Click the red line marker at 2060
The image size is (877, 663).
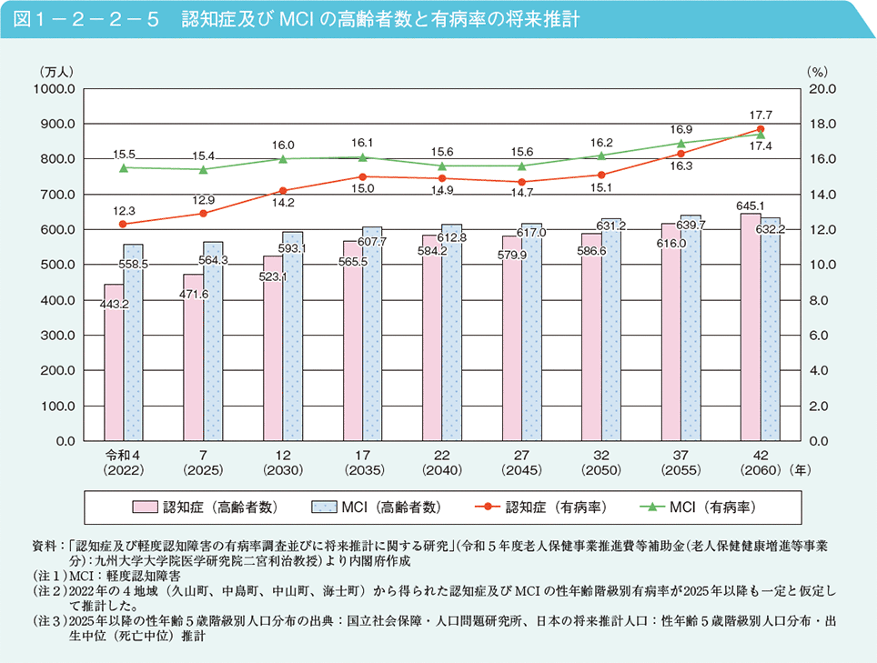[761, 129]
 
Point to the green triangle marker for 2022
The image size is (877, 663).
[124, 167]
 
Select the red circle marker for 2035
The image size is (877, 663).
[362, 176]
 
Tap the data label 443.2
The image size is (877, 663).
[112, 304]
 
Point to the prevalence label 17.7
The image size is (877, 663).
[761, 115]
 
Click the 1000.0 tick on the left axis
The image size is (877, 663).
[55, 89]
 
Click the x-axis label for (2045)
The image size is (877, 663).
[521, 470]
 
